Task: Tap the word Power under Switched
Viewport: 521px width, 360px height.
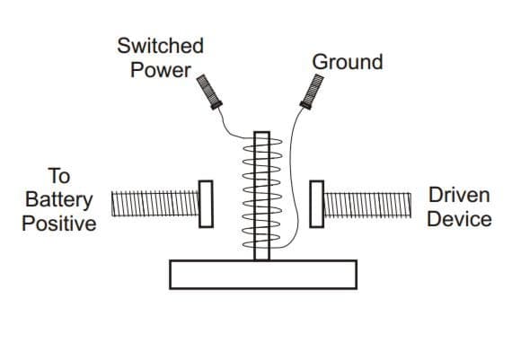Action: coord(161,68)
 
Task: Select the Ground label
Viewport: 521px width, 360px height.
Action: coord(347,62)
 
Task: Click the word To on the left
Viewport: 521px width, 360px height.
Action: coord(58,175)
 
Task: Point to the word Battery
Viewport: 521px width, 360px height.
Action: coord(59,199)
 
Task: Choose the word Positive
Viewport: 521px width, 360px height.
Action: coord(59,223)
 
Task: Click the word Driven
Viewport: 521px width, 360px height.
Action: coord(459,195)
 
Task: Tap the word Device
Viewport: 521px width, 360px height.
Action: coord(459,219)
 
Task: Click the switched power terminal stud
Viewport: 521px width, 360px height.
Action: coord(208,91)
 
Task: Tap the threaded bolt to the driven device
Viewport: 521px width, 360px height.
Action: coord(366,204)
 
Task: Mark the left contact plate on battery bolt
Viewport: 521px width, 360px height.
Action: coord(206,204)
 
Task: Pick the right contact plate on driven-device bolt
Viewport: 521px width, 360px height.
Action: coord(316,204)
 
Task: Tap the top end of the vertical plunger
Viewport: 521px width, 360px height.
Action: coord(261,136)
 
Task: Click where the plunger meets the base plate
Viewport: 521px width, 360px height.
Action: coord(261,259)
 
